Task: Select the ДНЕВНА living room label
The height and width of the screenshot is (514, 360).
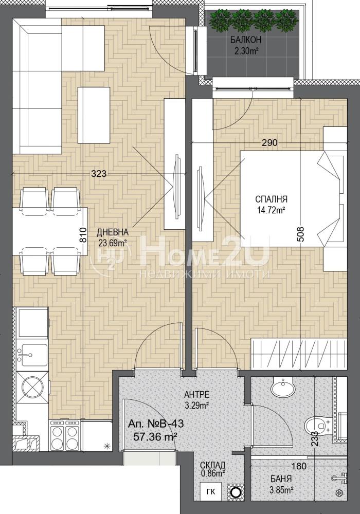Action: (x=113, y=232)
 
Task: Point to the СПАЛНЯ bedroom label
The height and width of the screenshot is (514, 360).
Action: (x=271, y=199)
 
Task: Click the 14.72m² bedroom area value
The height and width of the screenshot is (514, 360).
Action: (x=271, y=210)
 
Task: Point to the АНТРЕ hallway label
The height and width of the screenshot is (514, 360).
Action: (x=197, y=394)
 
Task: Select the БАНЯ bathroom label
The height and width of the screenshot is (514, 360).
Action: (x=281, y=479)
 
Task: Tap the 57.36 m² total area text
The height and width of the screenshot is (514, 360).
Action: (x=155, y=436)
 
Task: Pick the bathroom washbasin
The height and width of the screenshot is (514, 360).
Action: (x=284, y=387)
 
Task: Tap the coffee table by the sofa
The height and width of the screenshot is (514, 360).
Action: (x=94, y=115)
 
